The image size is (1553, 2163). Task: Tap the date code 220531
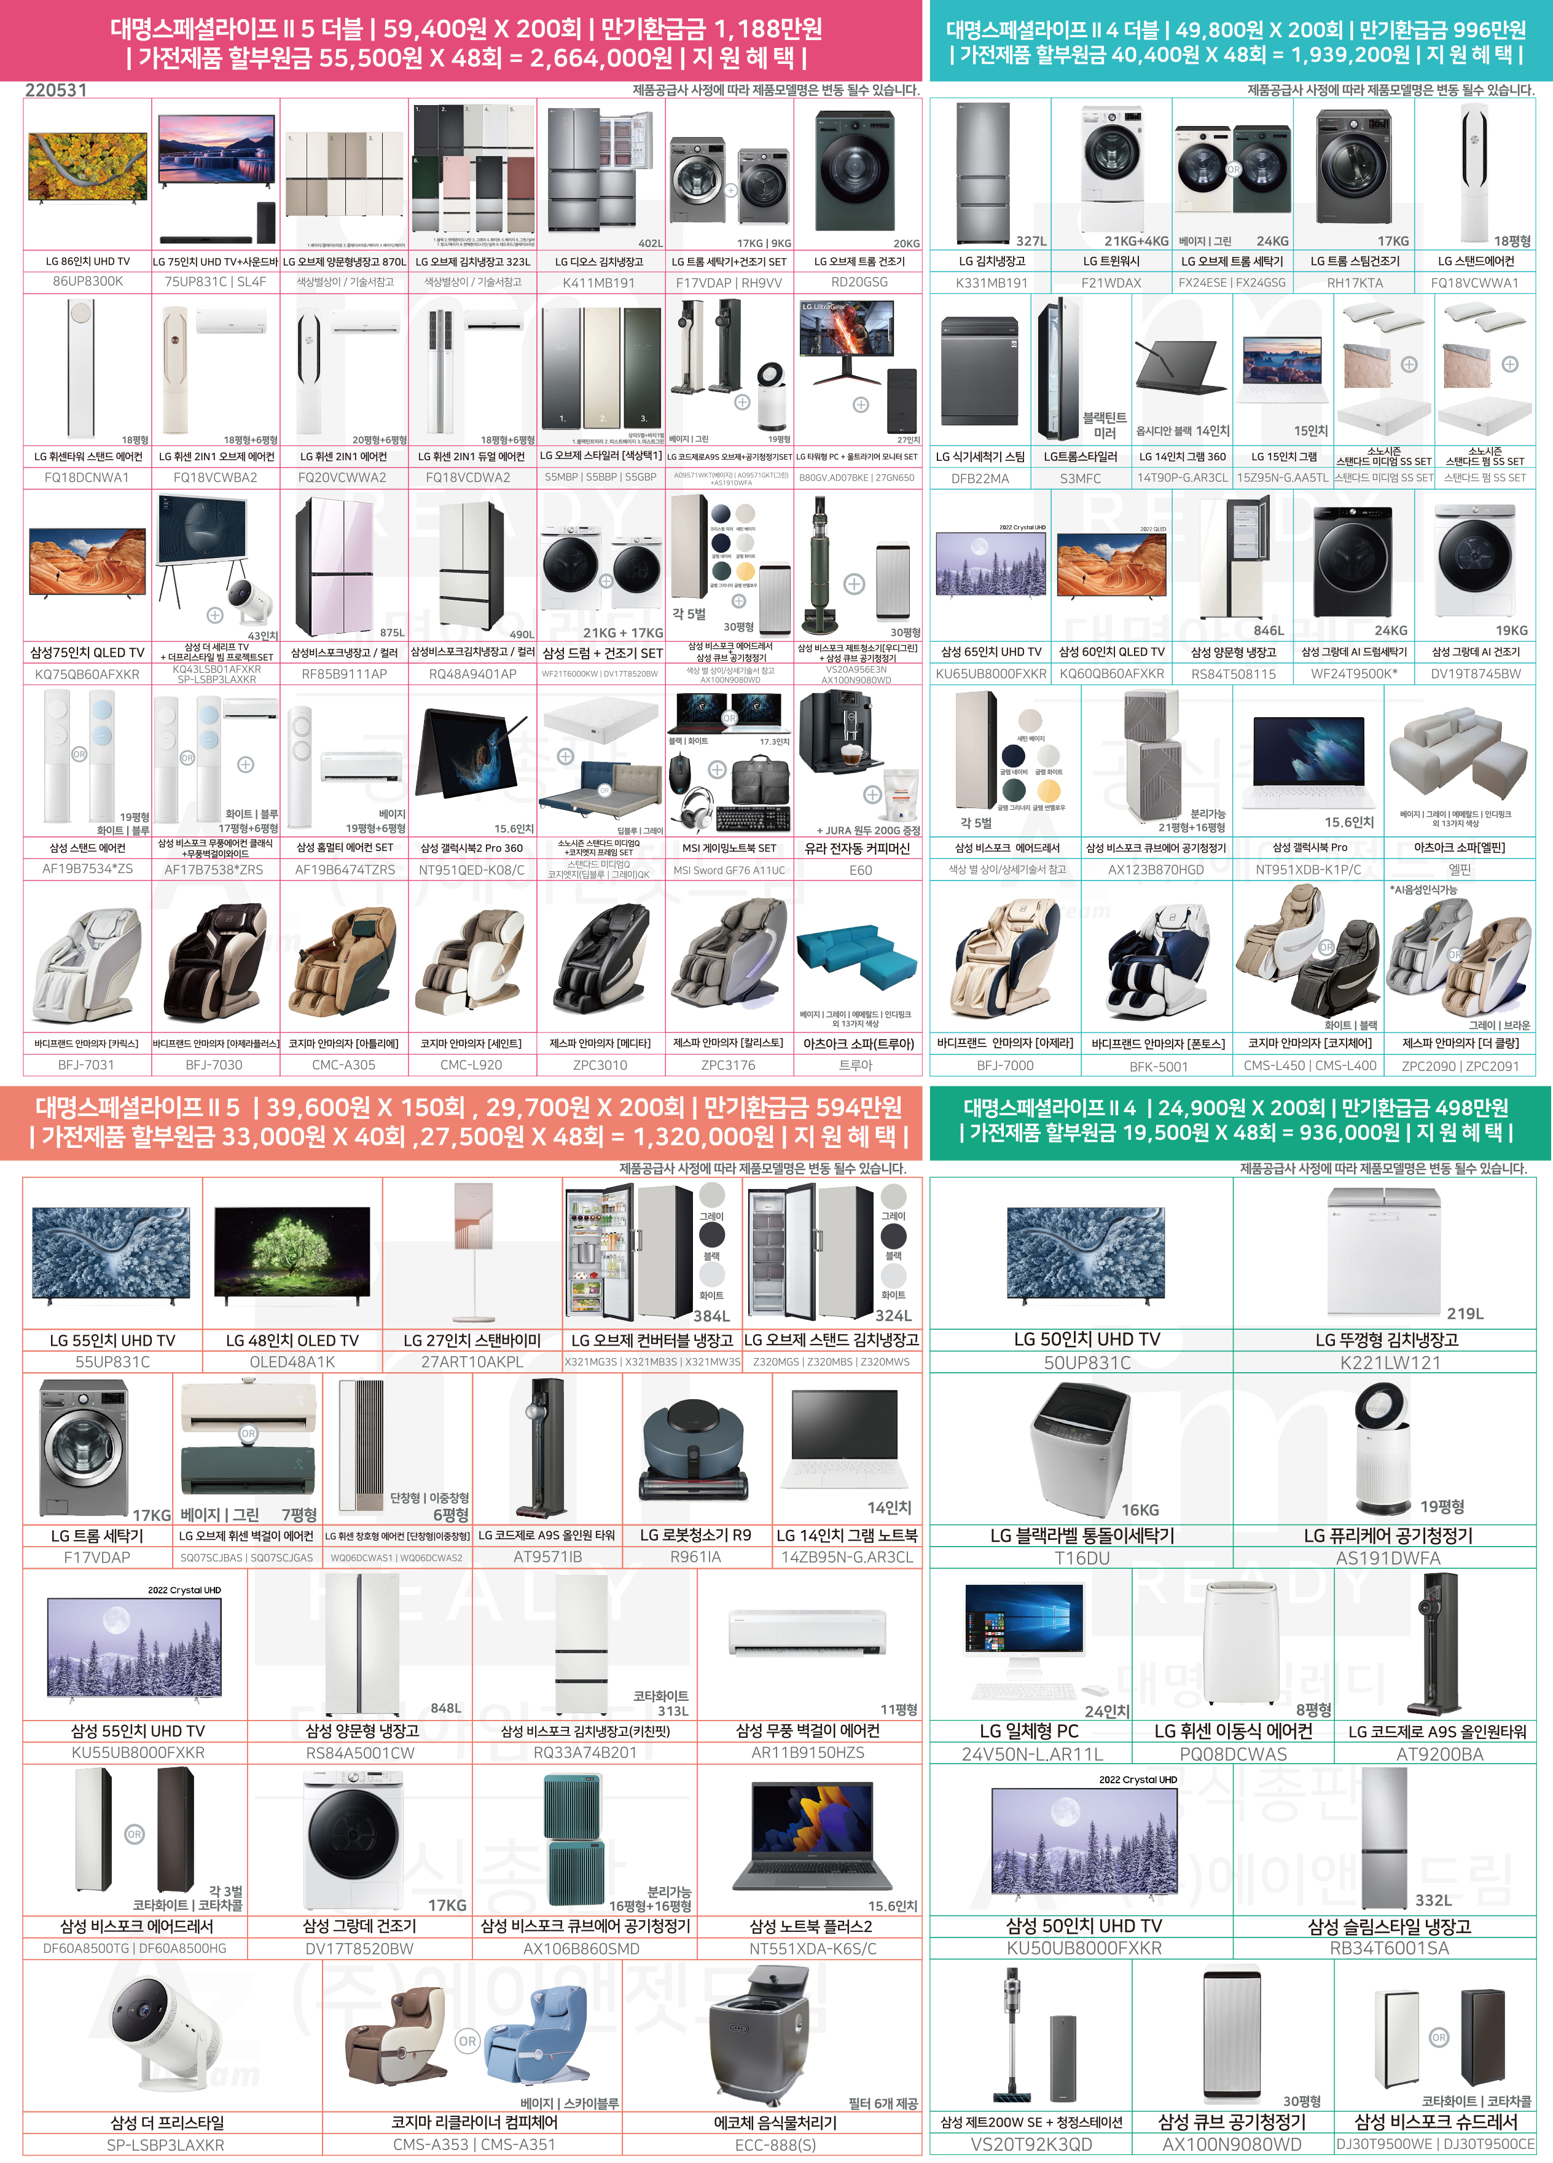tap(55, 90)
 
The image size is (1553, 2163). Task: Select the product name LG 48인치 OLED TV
tap(292, 1340)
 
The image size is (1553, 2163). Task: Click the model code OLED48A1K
tap(292, 1362)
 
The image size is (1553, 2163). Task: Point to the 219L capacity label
tap(1465, 1313)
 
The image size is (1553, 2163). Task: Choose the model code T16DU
tap(1082, 1557)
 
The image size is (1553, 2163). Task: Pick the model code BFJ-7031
tap(86, 1064)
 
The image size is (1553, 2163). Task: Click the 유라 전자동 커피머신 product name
tap(857, 848)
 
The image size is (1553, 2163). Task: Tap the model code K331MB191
tap(992, 282)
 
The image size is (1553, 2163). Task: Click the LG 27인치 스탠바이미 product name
tap(472, 1340)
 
